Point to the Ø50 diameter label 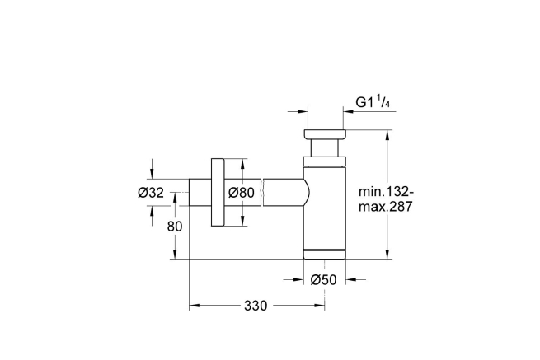[324, 280]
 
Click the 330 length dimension [256, 306]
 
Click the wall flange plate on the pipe [218, 192]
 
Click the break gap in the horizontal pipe [262, 192]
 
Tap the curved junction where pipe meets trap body [306, 192]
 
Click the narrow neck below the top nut [324, 149]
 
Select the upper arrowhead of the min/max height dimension [388, 133]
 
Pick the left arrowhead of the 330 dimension [194, 306]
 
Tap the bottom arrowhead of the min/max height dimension [388, 255]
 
